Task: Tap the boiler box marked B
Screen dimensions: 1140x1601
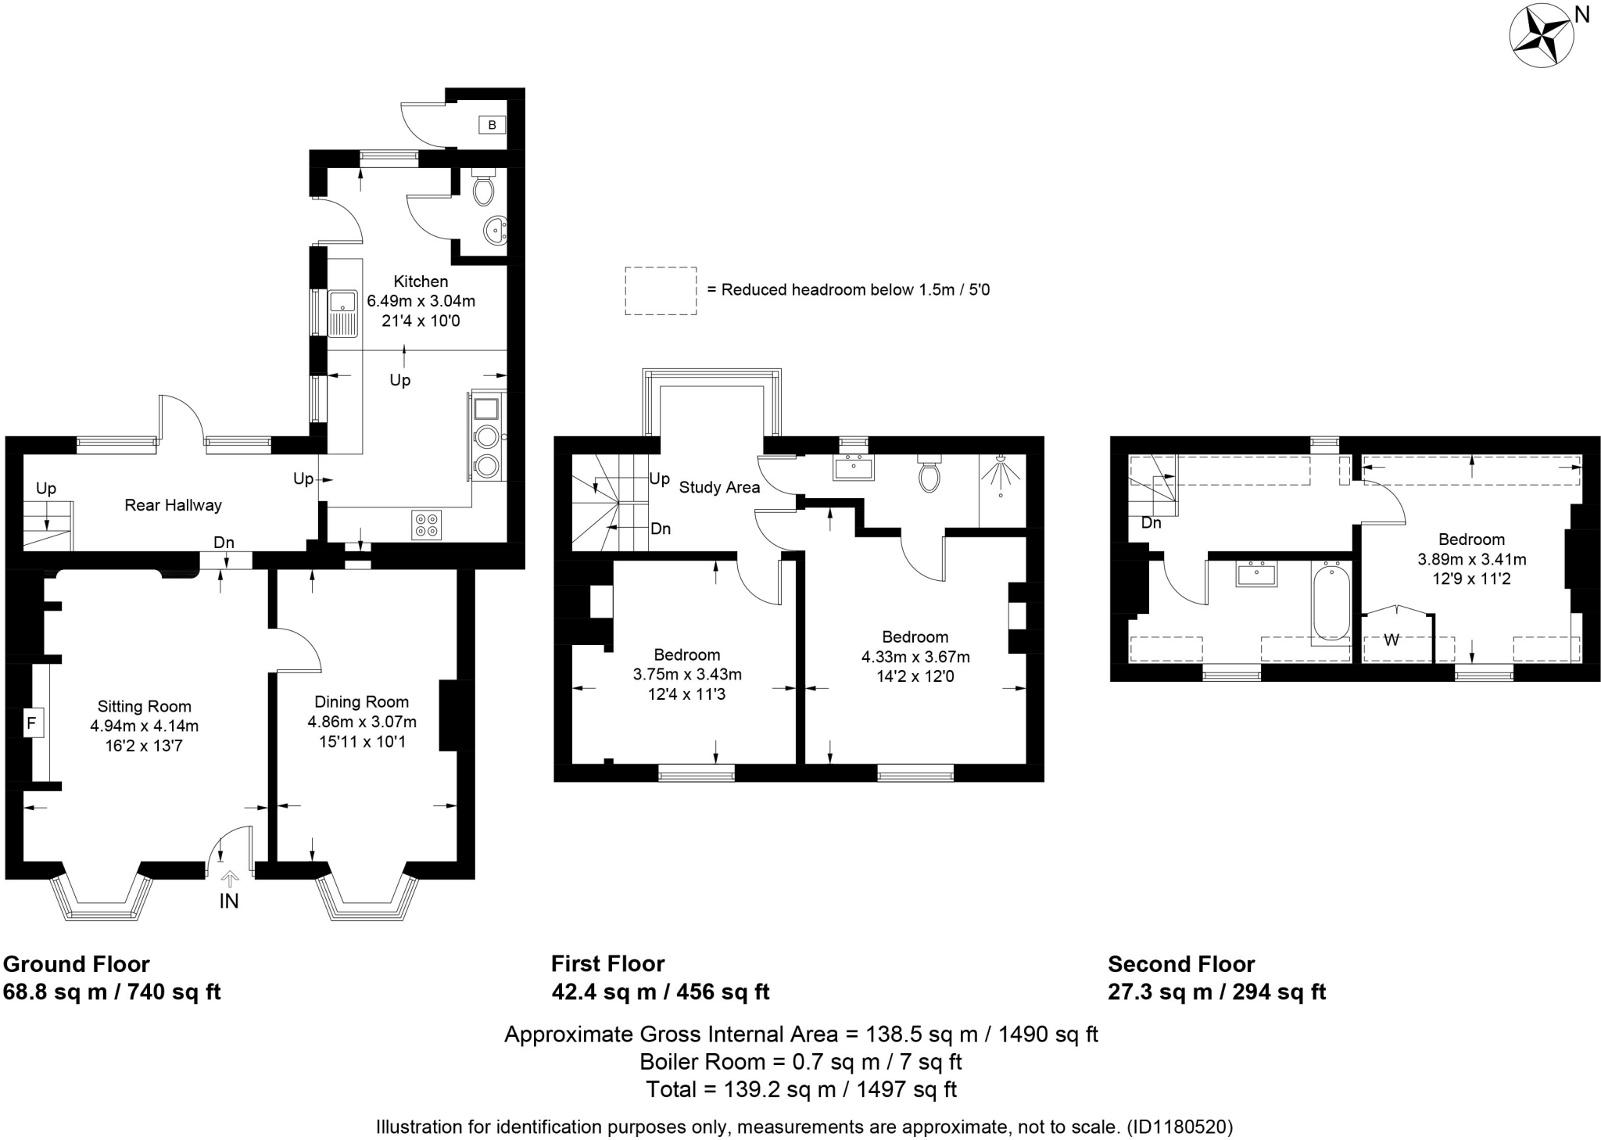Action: point(492,124)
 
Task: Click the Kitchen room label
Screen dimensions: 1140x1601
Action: point(421,281)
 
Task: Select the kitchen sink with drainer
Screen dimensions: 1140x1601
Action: point(342,313)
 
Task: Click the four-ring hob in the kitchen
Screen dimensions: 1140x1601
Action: point(427,525)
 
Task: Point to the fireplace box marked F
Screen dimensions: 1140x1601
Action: point(32,723)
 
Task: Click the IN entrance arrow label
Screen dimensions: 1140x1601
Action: point(229,901)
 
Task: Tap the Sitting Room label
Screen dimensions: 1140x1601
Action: point(144,707)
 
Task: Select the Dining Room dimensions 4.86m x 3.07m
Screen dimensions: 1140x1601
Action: point(362,722)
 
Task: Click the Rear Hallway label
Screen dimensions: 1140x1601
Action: point(173,505)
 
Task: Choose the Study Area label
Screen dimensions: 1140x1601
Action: point(719,487)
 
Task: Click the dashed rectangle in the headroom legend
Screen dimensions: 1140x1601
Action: point(661,291)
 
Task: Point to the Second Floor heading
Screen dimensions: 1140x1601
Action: point(1181,964)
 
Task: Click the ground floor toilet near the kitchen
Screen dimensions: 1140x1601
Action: point(483,188)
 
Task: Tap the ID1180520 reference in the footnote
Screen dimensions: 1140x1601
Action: point(1180,1127)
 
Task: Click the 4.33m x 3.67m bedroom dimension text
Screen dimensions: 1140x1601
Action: point(915,657)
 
